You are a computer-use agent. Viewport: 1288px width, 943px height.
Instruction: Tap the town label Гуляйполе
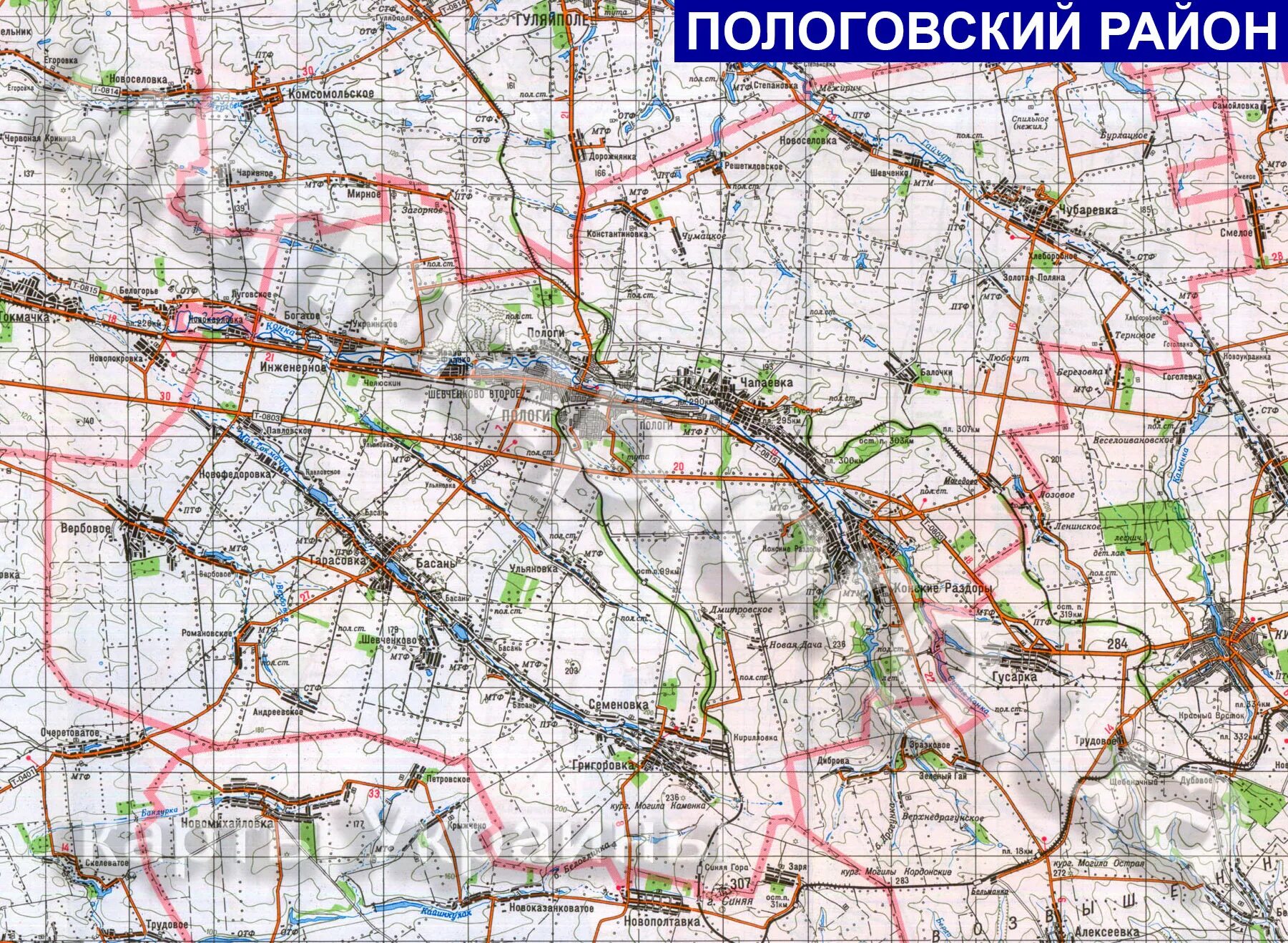coord(552,20)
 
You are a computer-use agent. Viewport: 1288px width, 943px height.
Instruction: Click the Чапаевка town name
coord(767,383)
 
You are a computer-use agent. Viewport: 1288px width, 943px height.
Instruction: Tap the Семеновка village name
coord(619,705)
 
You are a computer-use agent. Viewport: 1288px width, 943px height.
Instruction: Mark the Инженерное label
coord(293,367)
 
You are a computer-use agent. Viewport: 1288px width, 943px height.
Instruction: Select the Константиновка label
coord(617,234)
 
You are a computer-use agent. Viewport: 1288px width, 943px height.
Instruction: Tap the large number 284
coord(1117,643)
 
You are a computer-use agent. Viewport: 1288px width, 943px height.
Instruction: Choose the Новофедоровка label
coord(236,474)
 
